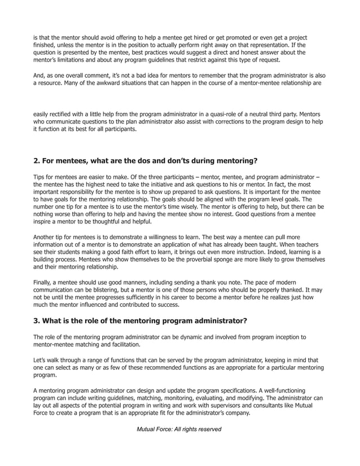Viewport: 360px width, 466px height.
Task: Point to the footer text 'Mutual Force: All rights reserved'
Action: [x=179, y=429]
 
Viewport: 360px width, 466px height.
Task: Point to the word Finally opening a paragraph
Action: [x=44, y=281]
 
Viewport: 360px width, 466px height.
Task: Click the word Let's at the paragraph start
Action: [x=41, y=359]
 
